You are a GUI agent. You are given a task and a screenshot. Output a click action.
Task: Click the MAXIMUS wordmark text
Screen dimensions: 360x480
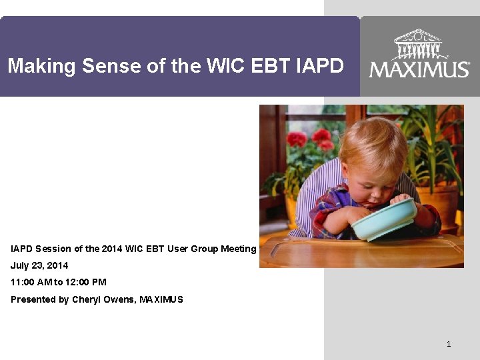click(419, 69)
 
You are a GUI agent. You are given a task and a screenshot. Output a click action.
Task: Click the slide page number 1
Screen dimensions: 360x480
click(449, 344)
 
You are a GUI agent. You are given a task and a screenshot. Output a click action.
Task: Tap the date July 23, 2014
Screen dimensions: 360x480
click(39, 265)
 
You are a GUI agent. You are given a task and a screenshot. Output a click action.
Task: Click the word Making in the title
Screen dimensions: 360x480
click(41, 65)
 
